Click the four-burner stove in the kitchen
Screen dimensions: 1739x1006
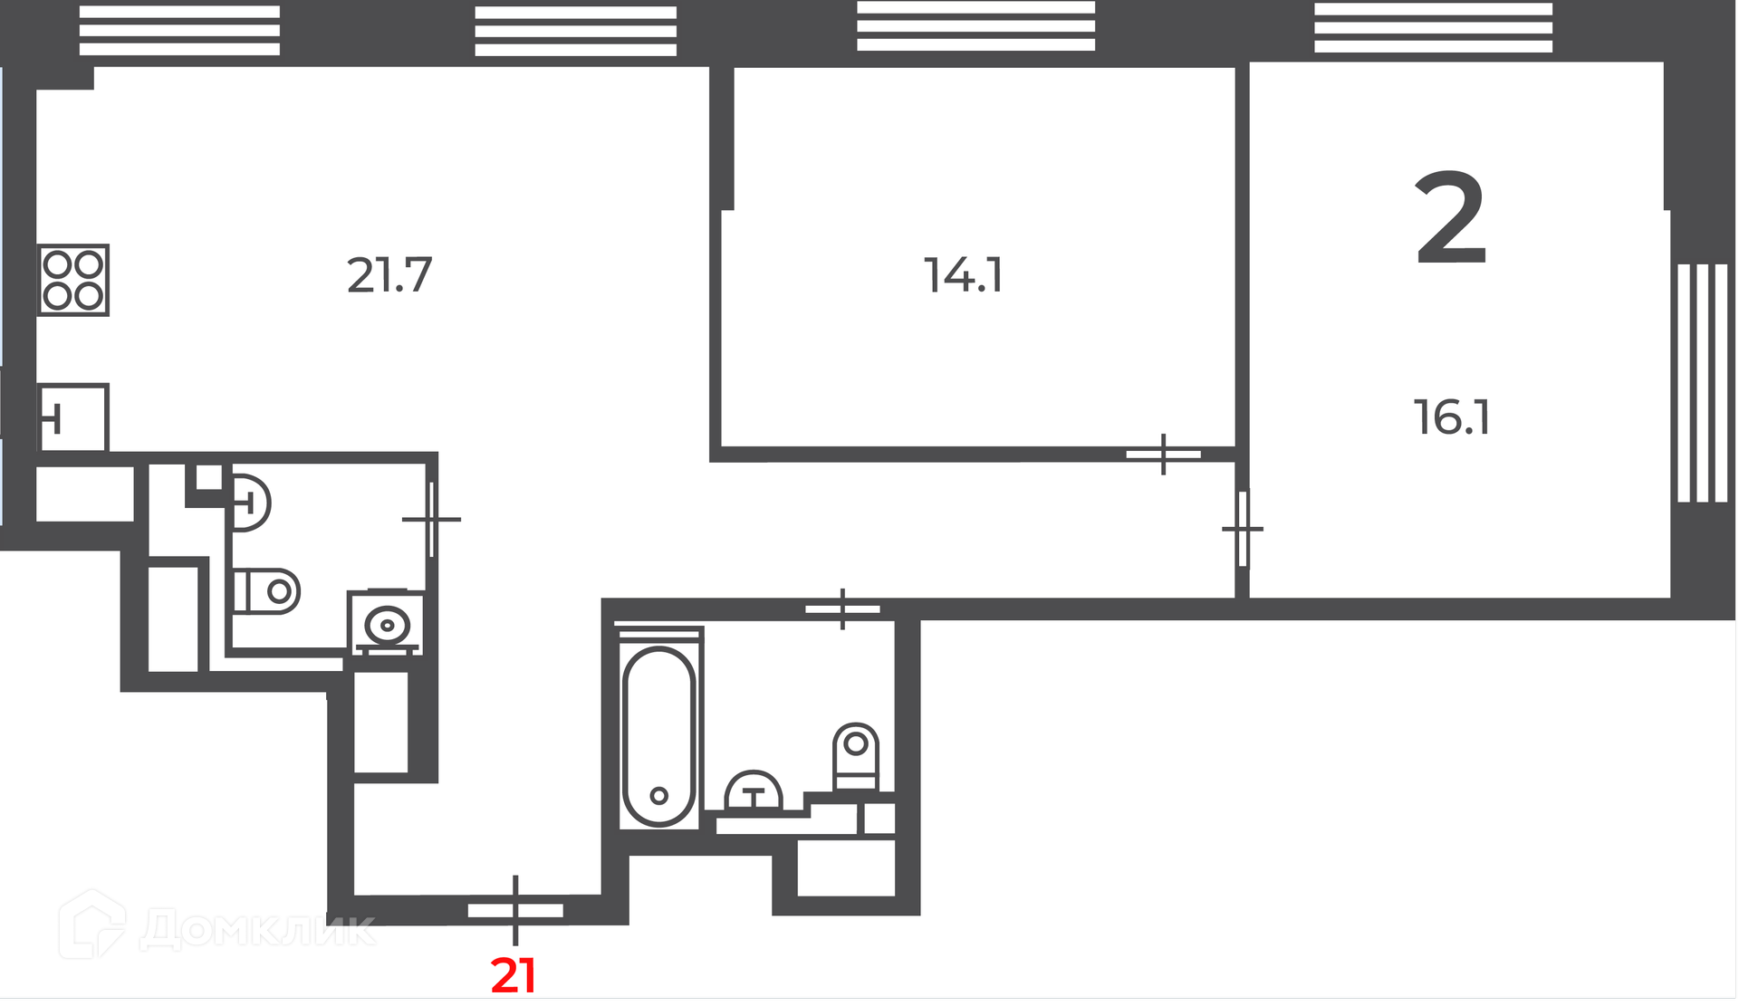[73, 280]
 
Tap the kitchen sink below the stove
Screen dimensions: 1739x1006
[73, 418]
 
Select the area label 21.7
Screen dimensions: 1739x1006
[389, 275]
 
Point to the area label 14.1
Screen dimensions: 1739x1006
[964, 275]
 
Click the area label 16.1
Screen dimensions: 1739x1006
[1452, 417]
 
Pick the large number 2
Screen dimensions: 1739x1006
[1451, 218]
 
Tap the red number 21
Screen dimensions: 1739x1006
[514, 976]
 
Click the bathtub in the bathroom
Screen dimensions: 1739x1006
[658, 735]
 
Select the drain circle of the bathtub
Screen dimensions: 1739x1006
[658, 796]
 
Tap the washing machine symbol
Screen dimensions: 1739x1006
[387, 622]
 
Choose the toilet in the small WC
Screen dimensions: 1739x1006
[267, 591]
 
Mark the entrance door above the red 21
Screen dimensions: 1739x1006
[515, 910]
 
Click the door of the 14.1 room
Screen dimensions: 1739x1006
[1164, 455]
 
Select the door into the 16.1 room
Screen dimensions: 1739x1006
[1243, 529]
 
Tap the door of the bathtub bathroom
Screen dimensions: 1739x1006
[842, 609]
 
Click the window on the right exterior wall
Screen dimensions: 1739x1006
[1703, 383]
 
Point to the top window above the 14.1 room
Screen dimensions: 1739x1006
[976, 25]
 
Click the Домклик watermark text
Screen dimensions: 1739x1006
[257, 929]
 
